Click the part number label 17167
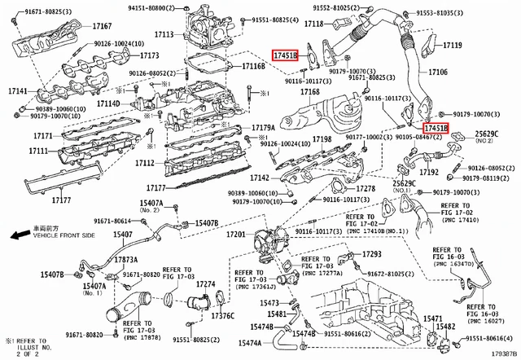(x=101, y=28)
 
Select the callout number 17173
(x=148, y=56)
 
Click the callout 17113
(x=164, y=35)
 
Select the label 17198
(x=322, y=140)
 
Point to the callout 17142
(x=259, y=178)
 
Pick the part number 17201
(x=235, y=234)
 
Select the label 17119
(x=451, y=46)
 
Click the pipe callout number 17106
(x=438, y=72)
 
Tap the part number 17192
(x=430, y=172)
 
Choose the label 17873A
(x=125, y=259)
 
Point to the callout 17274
(x=205, y=284)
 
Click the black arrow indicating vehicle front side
(x=15, y=235)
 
